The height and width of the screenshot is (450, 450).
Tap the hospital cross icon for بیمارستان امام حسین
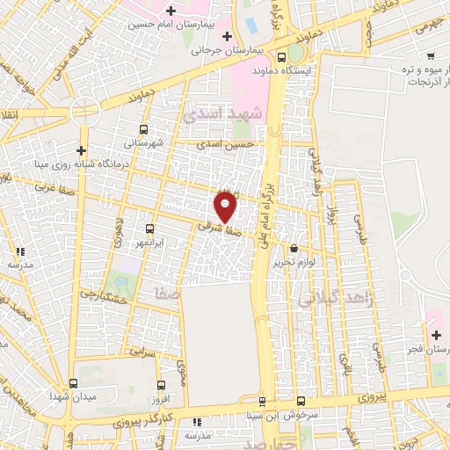tap(170, 11)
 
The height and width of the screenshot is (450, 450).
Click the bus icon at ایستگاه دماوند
tap(294, 54)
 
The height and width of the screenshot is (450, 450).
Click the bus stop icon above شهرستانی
tap(143, 128)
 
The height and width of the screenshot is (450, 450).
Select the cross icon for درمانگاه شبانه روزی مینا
tap(81, 150)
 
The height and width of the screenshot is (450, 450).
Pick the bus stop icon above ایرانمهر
tap(149, 229)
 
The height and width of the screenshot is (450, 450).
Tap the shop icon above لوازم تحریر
tap(293, 249)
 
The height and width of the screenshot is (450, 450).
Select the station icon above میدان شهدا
tap(73, 383)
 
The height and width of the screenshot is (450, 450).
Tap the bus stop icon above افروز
tap(160, 384)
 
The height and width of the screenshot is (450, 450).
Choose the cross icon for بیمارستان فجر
tap(436, 334)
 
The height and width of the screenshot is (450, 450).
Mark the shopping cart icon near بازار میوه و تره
tap(430, 56)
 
